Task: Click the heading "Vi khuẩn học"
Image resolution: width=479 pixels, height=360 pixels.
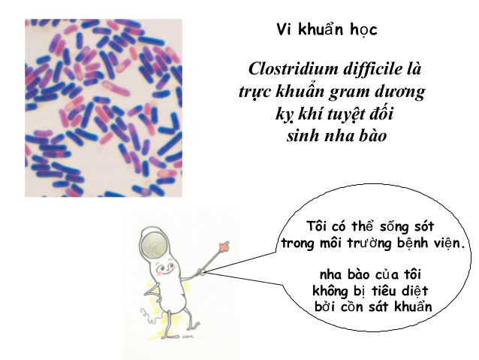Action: (326, 30)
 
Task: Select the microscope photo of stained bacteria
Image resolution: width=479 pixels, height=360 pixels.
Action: (103, 107)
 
